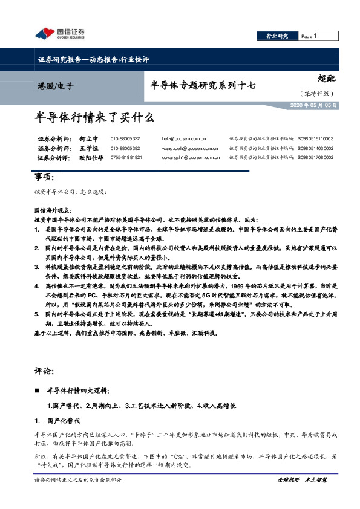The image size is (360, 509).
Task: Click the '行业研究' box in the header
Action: (277, 36)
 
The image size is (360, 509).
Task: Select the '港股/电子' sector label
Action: (55, 86)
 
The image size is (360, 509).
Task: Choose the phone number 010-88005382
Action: (125, 148)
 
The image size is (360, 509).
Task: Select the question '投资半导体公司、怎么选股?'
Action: (71, 192)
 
